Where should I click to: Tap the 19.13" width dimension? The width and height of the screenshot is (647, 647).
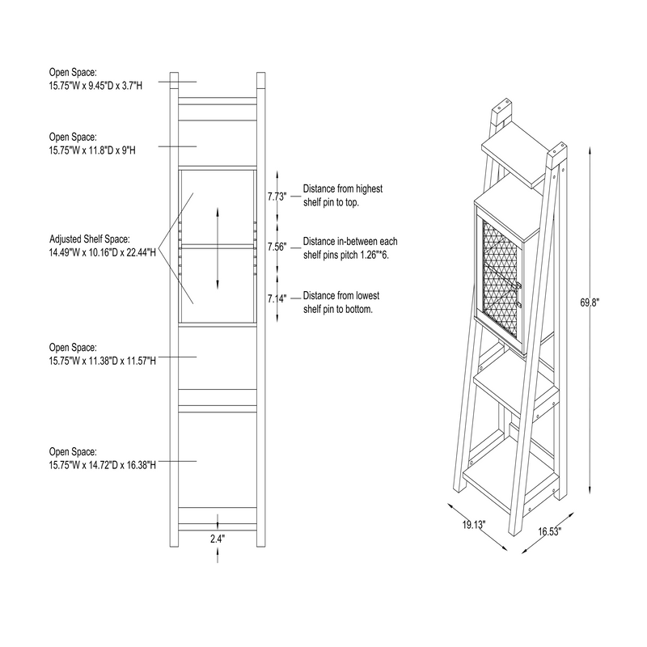tap(473, 525)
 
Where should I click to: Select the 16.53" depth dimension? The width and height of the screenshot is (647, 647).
tap(549, 531)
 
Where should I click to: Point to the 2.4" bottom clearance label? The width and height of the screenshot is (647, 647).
tap(217, 537)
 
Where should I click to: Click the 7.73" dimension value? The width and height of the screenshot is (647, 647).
tap(277, 196)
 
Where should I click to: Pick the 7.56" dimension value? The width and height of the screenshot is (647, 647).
tap(277, 247)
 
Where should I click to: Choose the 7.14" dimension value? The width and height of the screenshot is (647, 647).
tap(277, 298)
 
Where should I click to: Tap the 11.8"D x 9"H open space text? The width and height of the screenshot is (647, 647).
tap(95, 150)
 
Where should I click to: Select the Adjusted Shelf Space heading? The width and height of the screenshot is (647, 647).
tap(89, 239)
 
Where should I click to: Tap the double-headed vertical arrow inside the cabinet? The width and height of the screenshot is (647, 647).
tap(218, 247)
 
